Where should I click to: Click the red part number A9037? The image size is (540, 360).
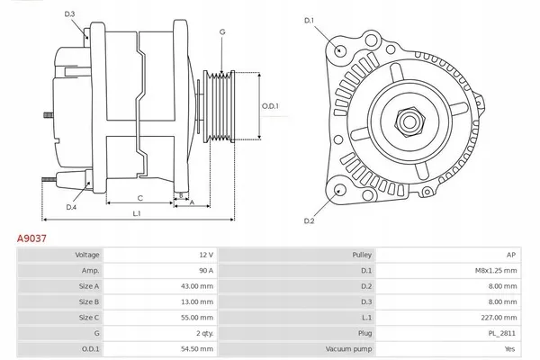click(x=32, y=240)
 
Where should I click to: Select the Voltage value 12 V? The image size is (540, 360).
click(x=205, y=256)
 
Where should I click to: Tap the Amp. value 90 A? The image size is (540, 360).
click(x=205, y=270)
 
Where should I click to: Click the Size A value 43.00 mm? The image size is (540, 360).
click(x=196, y=285)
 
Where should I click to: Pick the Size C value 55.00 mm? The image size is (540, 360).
click(x=196, y=317)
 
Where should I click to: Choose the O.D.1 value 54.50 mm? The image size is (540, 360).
click(x=196, y=347)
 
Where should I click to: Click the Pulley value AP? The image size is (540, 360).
click(x=511, y=256)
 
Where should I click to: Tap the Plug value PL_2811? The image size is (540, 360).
click(x=502, y=332)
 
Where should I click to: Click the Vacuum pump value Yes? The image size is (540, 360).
click(x=509, y=347)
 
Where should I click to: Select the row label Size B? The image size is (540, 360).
click(x=89, y=301)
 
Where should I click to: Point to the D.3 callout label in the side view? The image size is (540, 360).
click(x=70, y=13)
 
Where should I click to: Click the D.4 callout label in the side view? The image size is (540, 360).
click(x=70, y=208)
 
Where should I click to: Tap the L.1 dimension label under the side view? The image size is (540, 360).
click(x=137, y=213)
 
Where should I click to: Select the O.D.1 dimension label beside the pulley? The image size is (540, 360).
click(x=271, y=105)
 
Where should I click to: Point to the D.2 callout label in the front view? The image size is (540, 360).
click(x=309, y=220)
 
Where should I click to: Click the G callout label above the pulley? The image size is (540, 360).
click(x=221, y=32)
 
